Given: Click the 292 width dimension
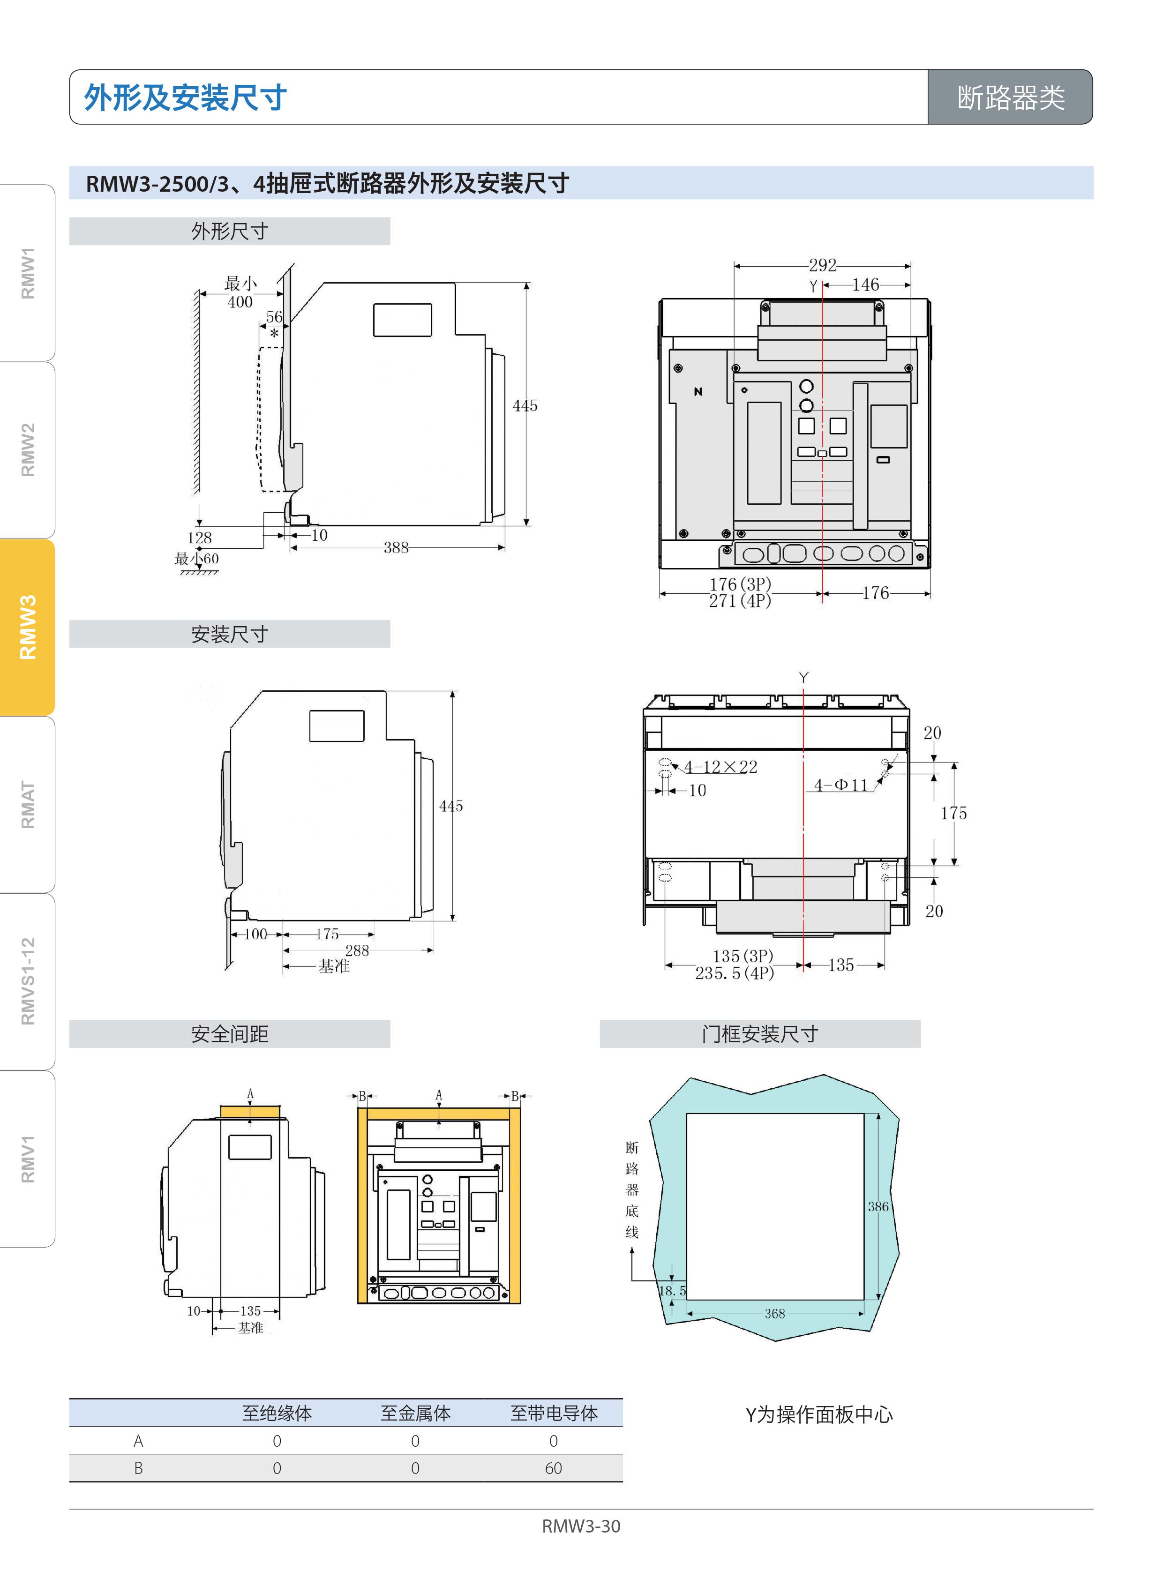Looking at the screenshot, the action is pyautogui.click(x=822, y=265).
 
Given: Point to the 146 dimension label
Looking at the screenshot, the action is pyautogui.click(x=865, y=284).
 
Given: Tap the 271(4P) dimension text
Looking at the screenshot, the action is pyautogui.click(x=740, y=601).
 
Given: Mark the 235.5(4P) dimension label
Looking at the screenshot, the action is pyautogui.click(x=734, y=973).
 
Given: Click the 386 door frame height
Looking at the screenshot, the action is pyautogui.click(x=878, y=1206).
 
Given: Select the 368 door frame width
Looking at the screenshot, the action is pyautogui.click(x=774, y=1313).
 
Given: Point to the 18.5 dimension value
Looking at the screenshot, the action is pyautogui.click(x=672, y=1291).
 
